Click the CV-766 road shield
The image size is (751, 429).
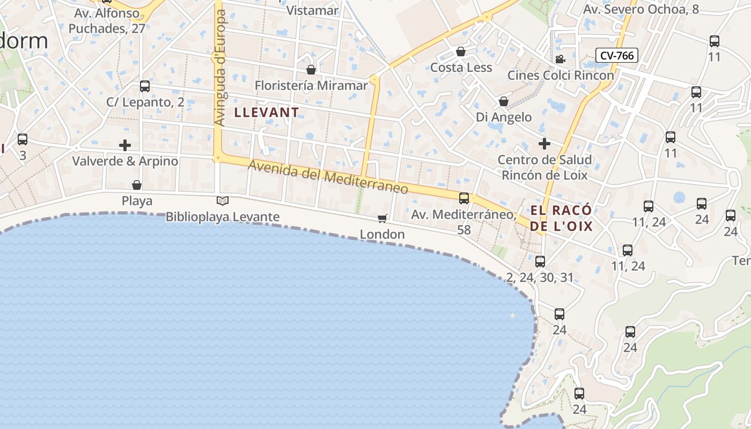click(x=616, y=55)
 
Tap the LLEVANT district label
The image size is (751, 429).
click(x=267, y=113)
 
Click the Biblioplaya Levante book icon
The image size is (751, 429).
click(x=222, y=201)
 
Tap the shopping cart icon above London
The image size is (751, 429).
click(x=382, y=218)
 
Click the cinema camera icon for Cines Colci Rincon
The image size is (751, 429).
click(x=561, y=59)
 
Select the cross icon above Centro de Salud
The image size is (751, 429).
click(x=544, y=144)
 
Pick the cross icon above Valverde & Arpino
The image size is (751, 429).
click(x=125, y=145)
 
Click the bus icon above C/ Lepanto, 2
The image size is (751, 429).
click(x=144, y=86)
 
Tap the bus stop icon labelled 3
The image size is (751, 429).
click(x=23, y=139)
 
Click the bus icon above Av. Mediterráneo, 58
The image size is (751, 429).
click(x=464, y=198)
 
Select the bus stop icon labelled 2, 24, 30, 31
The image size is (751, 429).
click(x=540, y=262)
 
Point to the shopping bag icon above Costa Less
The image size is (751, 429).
click(x=460, y=51)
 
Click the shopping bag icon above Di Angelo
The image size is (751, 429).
click(x=504, y=101)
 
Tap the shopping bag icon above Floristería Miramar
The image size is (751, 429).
click(x=311, y=70)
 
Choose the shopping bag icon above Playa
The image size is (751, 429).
click(x=137, y=185)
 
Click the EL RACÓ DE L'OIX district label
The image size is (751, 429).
click(x=561, y=218)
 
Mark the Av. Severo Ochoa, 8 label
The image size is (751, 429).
click(x=640, y=10)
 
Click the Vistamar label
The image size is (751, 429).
click(x=312, y=10)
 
